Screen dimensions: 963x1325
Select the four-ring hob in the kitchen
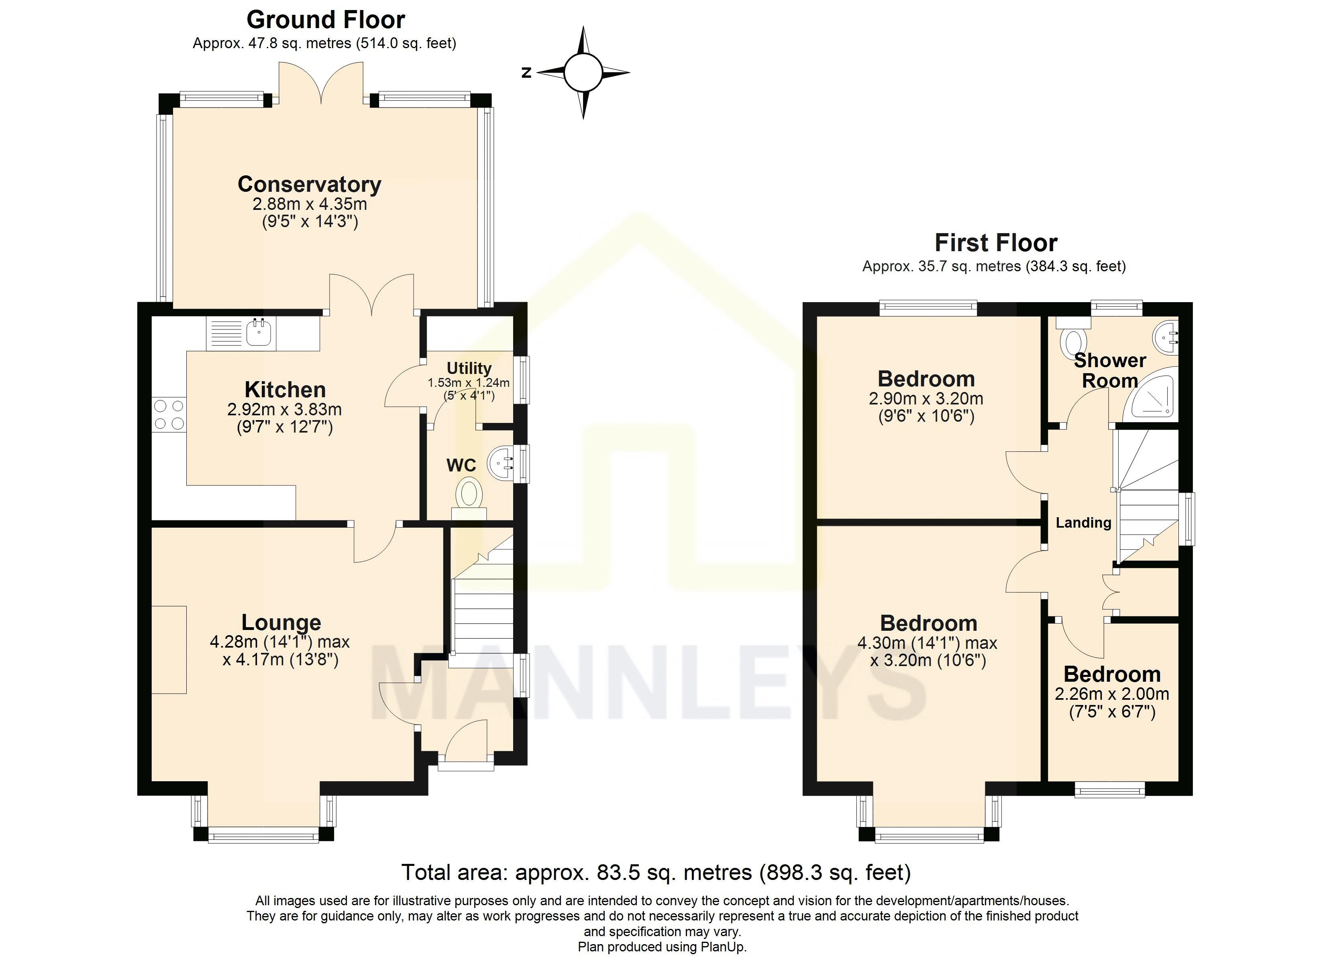pos(169,414)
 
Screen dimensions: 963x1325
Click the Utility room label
pos(469,368)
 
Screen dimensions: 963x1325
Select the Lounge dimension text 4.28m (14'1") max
pos(280,642)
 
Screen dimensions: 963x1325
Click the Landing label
pos(1083,523)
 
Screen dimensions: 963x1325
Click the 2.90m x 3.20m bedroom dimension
pos(926,399)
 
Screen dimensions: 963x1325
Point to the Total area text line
pos(656,872)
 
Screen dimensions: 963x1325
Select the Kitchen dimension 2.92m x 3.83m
pos(285,409)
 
